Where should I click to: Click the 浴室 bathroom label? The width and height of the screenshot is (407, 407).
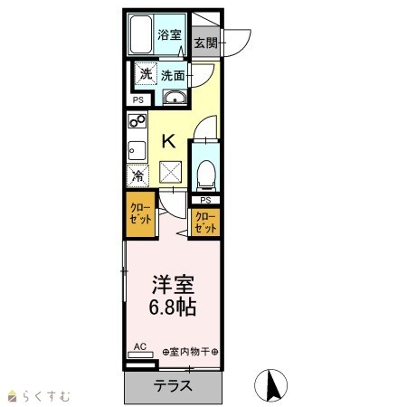click(x=169, y=34)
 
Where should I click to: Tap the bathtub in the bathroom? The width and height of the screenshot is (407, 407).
click(x=140, y=34)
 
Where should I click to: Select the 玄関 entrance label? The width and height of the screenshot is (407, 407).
click(x=205, y=43)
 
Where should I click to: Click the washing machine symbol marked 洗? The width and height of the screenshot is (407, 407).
click(x=146, y=74)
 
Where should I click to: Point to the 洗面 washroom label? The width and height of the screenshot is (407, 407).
click(x=173, y=76)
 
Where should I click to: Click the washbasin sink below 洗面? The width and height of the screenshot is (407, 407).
click(x=175, y=98)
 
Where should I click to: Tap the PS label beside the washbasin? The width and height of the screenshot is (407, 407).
click(x=138, y=99)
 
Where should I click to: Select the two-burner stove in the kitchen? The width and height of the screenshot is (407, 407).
click(x=137, y=120)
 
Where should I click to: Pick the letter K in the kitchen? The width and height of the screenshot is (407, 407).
click(x=168, y=141)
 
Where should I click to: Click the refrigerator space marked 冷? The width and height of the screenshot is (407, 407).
click(x=137, y=175)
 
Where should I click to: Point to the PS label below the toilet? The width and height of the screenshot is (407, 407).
click(x=205, y=200)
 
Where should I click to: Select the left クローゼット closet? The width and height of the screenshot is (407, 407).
click(x=140, y=214)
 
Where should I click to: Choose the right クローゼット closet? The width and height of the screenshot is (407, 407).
click(x=205, y=223)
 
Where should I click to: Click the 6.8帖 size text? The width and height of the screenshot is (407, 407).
click(x=173, y=307)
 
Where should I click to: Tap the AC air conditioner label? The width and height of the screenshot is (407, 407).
click(x=140, y=346)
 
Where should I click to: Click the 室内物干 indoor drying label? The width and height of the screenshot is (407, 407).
click(x=190, y=352)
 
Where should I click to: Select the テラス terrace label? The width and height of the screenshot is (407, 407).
click(x=173, y=385)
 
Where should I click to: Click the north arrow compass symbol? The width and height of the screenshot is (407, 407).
click(x=270, y=385)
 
